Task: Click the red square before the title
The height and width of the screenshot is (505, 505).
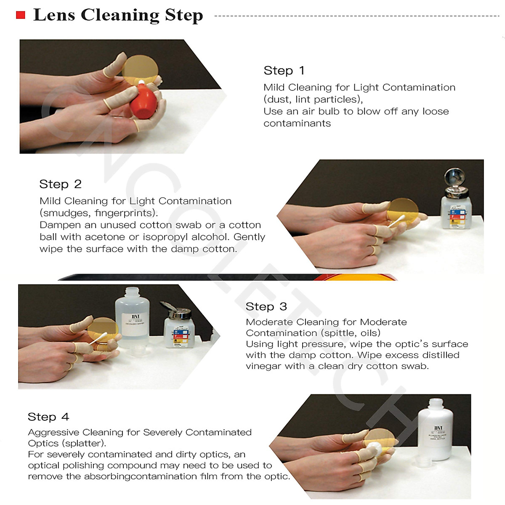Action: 21,16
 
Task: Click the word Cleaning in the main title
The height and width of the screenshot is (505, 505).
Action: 120,15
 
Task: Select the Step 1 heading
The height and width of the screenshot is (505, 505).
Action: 284,71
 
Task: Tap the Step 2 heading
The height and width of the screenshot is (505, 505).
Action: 60,184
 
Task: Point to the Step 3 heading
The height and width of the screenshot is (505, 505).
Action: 266,307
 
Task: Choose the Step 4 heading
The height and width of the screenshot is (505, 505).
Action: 48,417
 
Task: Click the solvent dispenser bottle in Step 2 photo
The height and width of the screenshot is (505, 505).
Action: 456,202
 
